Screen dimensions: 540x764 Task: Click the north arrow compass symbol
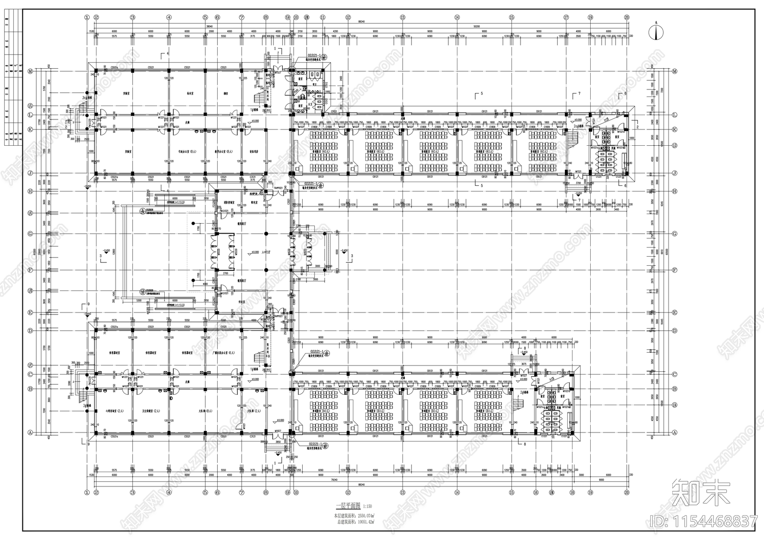coord(658,32)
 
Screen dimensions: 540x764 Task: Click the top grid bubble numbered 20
coord(626,17)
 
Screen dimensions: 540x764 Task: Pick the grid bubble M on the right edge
coord(675,71)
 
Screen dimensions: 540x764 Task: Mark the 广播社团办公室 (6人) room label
coord(223,353)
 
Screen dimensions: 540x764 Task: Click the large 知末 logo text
coord(701,494)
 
